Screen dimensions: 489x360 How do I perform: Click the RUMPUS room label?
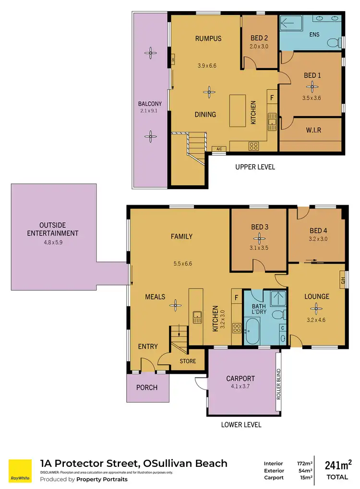tap(208, 38)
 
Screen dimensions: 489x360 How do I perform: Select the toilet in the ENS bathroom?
tap(333, 43)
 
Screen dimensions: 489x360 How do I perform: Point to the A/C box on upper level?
tap(219, 149)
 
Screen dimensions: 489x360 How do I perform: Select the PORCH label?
tap(147, 387)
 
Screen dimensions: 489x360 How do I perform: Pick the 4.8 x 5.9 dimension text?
tap(53, 243)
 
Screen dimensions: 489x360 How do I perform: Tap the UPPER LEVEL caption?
tap(255, 167)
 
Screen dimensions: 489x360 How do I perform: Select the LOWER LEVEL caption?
tap(241, 425)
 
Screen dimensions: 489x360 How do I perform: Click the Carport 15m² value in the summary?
tap(304, 477)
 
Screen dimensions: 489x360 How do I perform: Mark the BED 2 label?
tap(260, 38)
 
